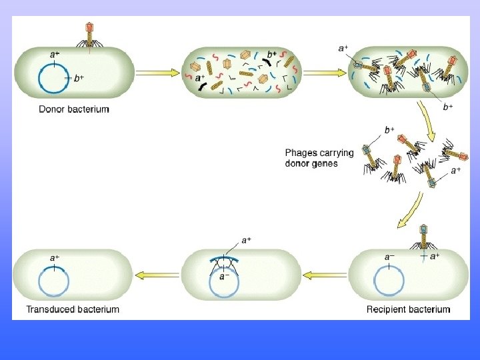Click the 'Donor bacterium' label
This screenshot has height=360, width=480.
(73, 109)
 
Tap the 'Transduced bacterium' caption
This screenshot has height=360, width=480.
(72, 309)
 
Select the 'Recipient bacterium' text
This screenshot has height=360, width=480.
(408, 309)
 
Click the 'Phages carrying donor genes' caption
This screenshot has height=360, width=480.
(319, 158)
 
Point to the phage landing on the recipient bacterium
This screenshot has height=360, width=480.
(423, 239)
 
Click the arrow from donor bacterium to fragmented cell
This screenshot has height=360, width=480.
(158, 73)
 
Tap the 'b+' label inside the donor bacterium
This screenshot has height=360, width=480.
(79, 79)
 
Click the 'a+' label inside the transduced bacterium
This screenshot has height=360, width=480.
(55, 257)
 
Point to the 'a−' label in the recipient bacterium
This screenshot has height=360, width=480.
(389, 257)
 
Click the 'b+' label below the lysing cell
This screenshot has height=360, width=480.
(448, 107)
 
